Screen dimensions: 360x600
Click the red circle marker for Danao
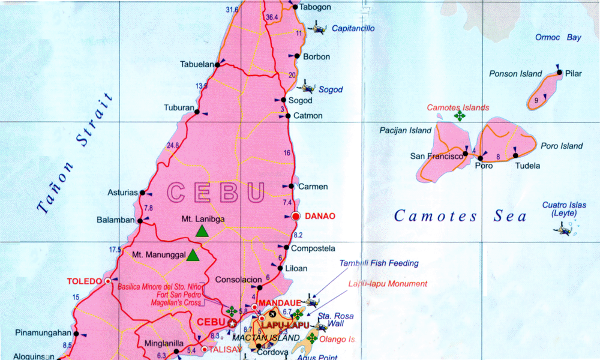point(295,216)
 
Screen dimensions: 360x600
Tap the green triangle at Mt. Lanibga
point(202,231)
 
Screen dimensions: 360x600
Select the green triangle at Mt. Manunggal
point(193,255)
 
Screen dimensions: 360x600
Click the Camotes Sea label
point(460,217)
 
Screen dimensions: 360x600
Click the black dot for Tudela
point(515,156)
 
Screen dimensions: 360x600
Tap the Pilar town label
point(574,74)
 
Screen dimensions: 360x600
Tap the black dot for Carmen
point(292,186)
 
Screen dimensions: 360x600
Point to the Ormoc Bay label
point(558,38)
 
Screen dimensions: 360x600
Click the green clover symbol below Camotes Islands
point(460,116)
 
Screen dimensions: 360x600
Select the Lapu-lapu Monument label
point(388,284)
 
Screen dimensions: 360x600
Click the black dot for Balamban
point(140,221)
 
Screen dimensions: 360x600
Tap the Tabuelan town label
point(197,65)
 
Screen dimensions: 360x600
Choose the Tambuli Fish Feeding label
point(379,263)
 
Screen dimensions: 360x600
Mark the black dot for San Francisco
point(466,154)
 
